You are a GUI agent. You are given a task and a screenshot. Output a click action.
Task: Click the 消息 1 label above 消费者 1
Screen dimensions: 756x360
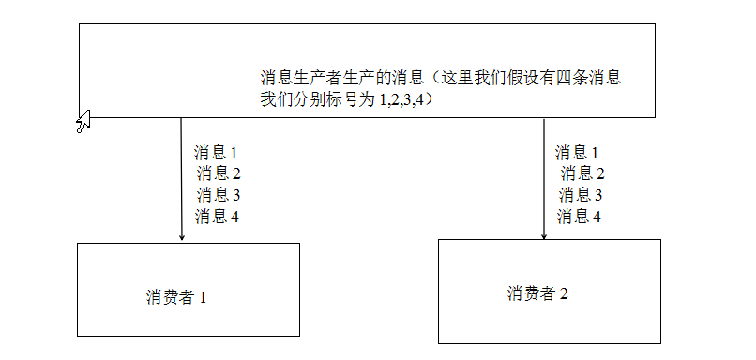(x=216, y=152)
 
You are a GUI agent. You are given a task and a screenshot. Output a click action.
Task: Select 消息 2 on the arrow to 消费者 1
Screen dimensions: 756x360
(x=219, y=173)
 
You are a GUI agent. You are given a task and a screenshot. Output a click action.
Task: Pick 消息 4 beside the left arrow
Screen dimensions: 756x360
(x=218, y=217)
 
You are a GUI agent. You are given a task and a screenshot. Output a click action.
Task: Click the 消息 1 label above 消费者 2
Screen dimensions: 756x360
(x=577, y=152)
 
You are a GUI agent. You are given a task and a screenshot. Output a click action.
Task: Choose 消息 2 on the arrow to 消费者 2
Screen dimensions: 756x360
(x=582, y=173)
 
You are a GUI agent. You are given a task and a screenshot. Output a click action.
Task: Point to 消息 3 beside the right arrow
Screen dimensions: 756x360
(x=581, y=195)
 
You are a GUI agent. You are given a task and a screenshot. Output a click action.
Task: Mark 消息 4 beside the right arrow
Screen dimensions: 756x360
(x=579, y=217)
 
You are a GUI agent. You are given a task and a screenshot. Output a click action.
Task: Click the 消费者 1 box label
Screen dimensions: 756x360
(x=175, y=297)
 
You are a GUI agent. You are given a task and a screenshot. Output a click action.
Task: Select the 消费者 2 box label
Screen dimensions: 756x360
(x=537, y=293)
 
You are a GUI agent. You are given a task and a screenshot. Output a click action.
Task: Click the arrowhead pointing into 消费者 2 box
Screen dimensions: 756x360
(x=544, y=234)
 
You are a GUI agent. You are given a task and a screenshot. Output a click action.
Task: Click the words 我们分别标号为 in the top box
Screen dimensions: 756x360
(x=318, y=97)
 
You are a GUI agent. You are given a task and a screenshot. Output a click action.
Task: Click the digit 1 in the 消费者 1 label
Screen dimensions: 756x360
(x=202, y=297)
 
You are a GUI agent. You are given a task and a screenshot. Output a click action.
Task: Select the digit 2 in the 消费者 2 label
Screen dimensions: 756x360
(x=564, y=293)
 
